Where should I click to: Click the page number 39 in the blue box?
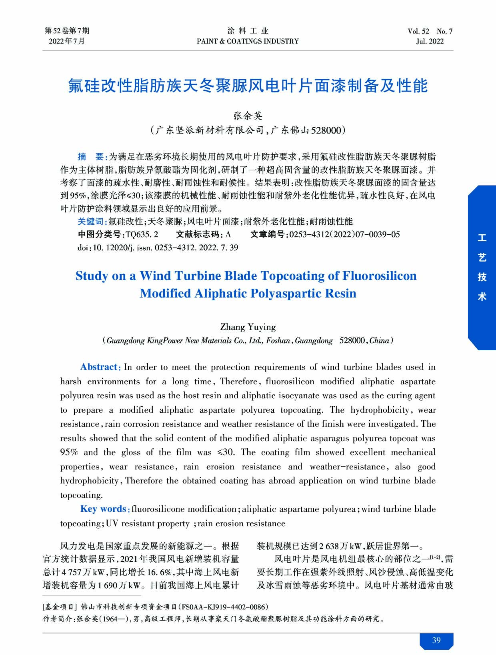click(x=436, y=640)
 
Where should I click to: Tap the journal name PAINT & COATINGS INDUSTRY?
click(x=248, y=41)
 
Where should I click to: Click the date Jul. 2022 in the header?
click(x=430, y=41)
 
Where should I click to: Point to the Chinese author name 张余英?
click(x=248, y=116)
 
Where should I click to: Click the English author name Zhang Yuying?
click(x=248, y=327)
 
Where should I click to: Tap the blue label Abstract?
click(x=99, y=367)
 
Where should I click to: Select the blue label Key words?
click(x=103, y=509)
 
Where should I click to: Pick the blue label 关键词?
click(x=91, y=222)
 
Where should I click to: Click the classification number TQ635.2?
click(x=142, y=234)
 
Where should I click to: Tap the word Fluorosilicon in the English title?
click(x=379, y=276)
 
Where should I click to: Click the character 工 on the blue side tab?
click(x=482, y=239)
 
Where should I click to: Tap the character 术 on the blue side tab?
click(x=482, y=296)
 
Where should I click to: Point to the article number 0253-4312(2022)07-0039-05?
click(x=344, y=234)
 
